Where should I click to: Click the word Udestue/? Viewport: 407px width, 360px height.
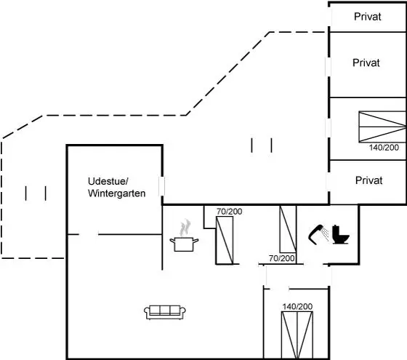click(x=108, y=181)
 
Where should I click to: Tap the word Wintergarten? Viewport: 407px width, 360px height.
click(x=116, y=193)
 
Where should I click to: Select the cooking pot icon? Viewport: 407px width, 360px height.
click(x=184, y=244)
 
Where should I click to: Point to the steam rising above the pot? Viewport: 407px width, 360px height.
click(x=185, y=228)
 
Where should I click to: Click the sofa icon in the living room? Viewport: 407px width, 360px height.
click(x=165, y=312)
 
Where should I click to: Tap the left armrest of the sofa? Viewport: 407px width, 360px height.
click(x=147, y=311)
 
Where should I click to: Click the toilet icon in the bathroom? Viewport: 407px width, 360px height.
click(x=341, y=234)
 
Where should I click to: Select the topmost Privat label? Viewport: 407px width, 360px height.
click(x=368, y=17)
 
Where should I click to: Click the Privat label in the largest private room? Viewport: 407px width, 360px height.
click(x=366, y=63)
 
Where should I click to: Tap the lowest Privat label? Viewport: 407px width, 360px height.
click(x=368, y=180)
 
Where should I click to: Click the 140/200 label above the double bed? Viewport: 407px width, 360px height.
click(x=297, y=306)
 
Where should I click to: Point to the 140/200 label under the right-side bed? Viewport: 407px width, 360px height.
click(x=384, y=148)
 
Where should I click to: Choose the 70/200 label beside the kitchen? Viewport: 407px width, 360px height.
click(x=230, y=212)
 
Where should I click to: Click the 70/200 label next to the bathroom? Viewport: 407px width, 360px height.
click(x=282, y=258)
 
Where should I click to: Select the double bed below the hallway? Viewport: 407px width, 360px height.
click(x=297, y=335)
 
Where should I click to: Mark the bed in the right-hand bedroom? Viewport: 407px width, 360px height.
click(x=382, y=127)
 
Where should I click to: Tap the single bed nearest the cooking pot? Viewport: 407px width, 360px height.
click(x=225, y=240)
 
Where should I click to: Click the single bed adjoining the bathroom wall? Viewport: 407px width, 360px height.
click(x=288, y=229)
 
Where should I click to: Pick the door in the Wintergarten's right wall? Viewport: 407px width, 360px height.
click(x=161, y=186)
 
